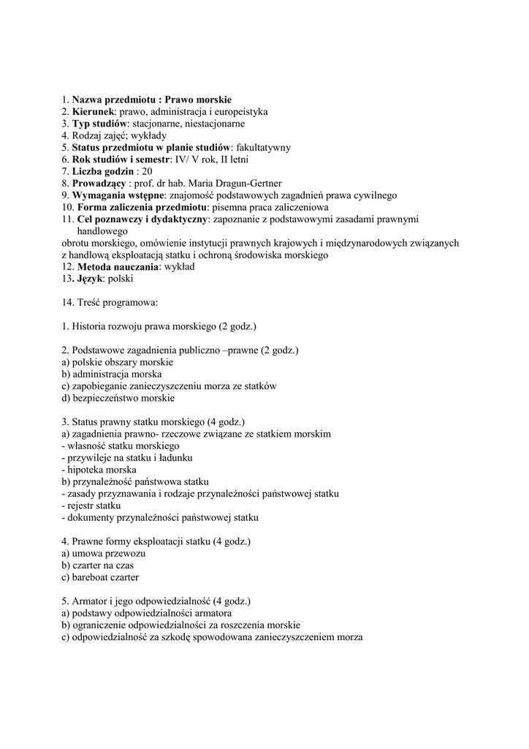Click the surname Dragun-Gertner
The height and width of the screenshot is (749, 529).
point(246,183)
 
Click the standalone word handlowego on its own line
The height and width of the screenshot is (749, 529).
point(102,230)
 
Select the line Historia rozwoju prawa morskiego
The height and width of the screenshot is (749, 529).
point(159,326)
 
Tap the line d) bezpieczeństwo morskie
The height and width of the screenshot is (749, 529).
point(118,398)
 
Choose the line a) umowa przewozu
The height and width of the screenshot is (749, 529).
point(104,553)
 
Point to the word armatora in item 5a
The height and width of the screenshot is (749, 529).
point(212,613)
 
